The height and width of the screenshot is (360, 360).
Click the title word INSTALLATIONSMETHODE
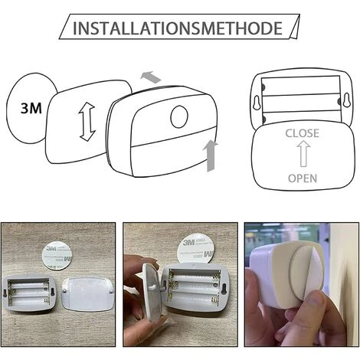point(177,29)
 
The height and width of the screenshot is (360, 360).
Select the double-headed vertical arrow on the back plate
point(86,122)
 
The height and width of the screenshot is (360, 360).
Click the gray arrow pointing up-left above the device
point(152,76)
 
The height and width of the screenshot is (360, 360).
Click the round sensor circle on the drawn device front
point(178,116)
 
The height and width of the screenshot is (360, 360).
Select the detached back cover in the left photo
point(88,294)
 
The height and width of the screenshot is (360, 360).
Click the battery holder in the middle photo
point(193,289)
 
